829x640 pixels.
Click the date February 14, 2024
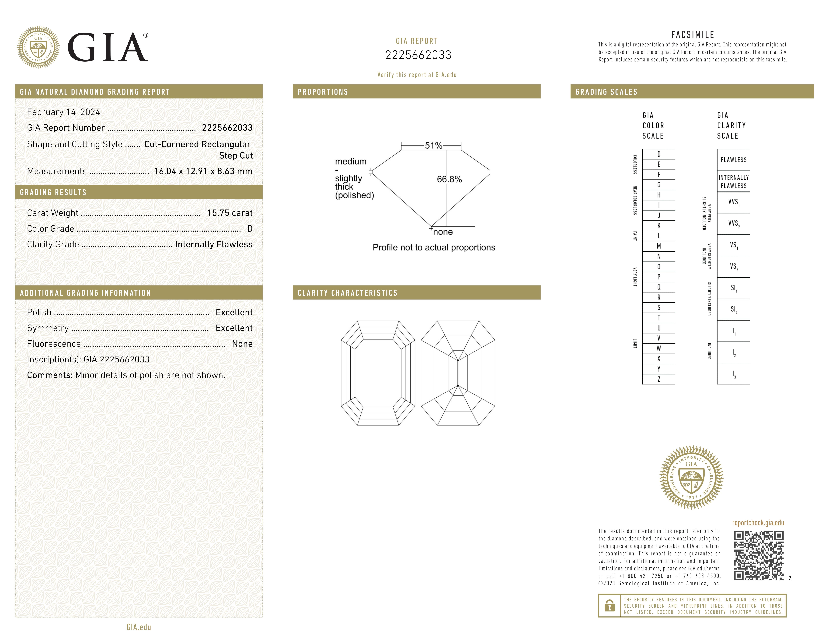[x=63, y=112]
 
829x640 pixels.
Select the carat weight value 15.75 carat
[x=230, y=213]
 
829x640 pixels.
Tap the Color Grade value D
[x=250, y=229]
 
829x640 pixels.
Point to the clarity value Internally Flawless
[x=214, y=245]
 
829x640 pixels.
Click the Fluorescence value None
[x=242, y=344]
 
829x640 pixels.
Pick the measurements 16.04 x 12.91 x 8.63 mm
[x=203, y=171]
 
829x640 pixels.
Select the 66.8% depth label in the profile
[x=449, y=179]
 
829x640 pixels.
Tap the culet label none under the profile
[x=443, y=232]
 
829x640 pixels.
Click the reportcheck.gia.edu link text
[x=758, y=523]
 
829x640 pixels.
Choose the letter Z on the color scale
[x=659, y=379]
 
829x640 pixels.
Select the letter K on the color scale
[x=659, y=226]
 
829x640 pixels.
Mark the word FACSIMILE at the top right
[x=693, y=35]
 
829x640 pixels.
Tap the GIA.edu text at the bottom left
[x=139, y=627]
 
